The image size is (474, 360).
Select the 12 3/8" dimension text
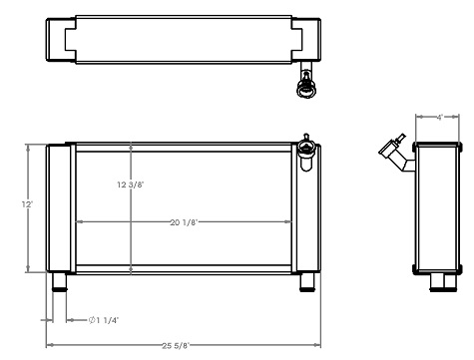click(x=131, y=184)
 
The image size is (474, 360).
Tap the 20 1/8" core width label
click(x=183, y=221)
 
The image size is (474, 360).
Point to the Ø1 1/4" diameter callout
click(x=104, y=320)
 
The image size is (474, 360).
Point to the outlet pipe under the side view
click(x=438, y=283)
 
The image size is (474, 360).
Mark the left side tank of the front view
click(x=59, y=207)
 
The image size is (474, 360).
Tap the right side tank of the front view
click(x=305, y=214)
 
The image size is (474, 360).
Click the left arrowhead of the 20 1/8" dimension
click(x=79, y=221)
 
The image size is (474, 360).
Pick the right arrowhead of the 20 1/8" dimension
click(x=290, y=221)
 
